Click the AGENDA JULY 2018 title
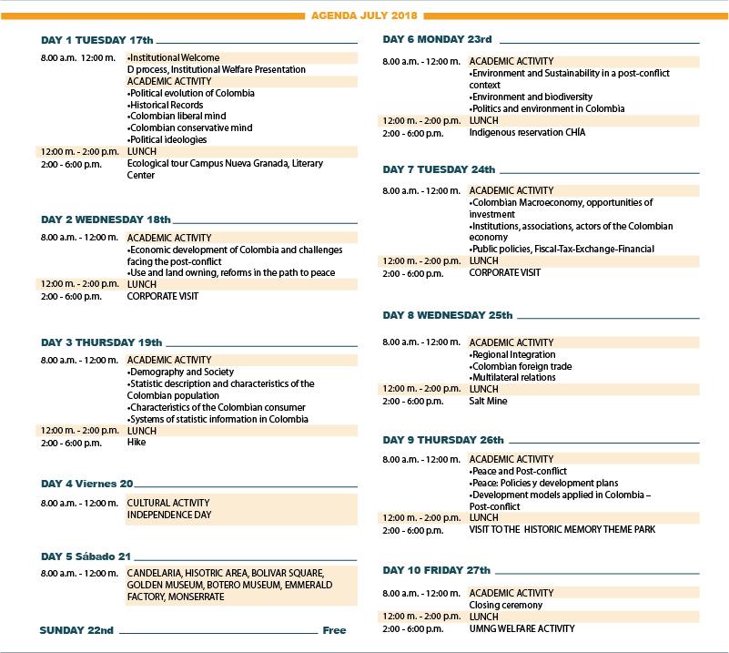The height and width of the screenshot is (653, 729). (364, 15)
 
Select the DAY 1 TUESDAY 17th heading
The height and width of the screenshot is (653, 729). (97, 41)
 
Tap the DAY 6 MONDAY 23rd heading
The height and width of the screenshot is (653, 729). (437, 40)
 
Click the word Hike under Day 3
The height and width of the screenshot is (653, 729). (137, 443)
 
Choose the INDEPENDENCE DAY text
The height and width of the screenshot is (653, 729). (169, 515)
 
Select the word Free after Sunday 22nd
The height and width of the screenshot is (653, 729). (334, 630)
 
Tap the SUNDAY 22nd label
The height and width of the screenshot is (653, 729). (77, 630)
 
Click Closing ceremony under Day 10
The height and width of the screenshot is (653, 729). (505, 605)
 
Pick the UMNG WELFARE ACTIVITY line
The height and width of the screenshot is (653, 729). (521, 628)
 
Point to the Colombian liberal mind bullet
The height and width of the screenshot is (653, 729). (177, 117)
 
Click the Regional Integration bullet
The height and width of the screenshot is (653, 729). (512, 354)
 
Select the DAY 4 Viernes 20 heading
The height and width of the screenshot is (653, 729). (87, 484)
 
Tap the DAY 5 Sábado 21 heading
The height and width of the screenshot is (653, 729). (86, 556)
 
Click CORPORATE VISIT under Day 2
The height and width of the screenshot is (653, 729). (162, 296)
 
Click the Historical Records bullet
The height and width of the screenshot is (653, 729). (166, 105)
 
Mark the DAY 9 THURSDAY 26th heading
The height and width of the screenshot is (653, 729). (443, 441)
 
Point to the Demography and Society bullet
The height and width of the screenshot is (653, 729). (180, 372)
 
